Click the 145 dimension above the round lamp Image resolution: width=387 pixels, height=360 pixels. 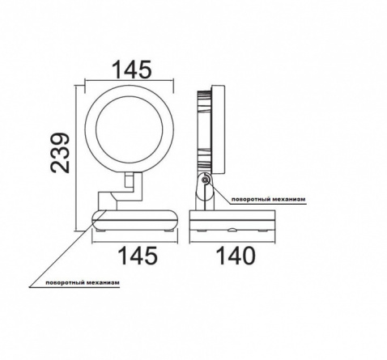tap(132, 70)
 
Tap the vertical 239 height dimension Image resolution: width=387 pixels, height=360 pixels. tap(60, 152)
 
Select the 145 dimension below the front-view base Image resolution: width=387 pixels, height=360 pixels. tap(138, 256)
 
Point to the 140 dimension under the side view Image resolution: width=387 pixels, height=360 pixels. tap(236, 256)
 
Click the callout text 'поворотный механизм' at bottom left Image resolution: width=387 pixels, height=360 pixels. tap(83, 283)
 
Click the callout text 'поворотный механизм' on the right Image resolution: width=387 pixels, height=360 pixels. tap(269, 199)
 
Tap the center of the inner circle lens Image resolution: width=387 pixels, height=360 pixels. tap(129, 129)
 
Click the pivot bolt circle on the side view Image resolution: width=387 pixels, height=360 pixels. tap(206, 180)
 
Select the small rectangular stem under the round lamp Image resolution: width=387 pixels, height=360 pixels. tap(129, 180)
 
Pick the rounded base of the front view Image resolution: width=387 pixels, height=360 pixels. tap(135, 220)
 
